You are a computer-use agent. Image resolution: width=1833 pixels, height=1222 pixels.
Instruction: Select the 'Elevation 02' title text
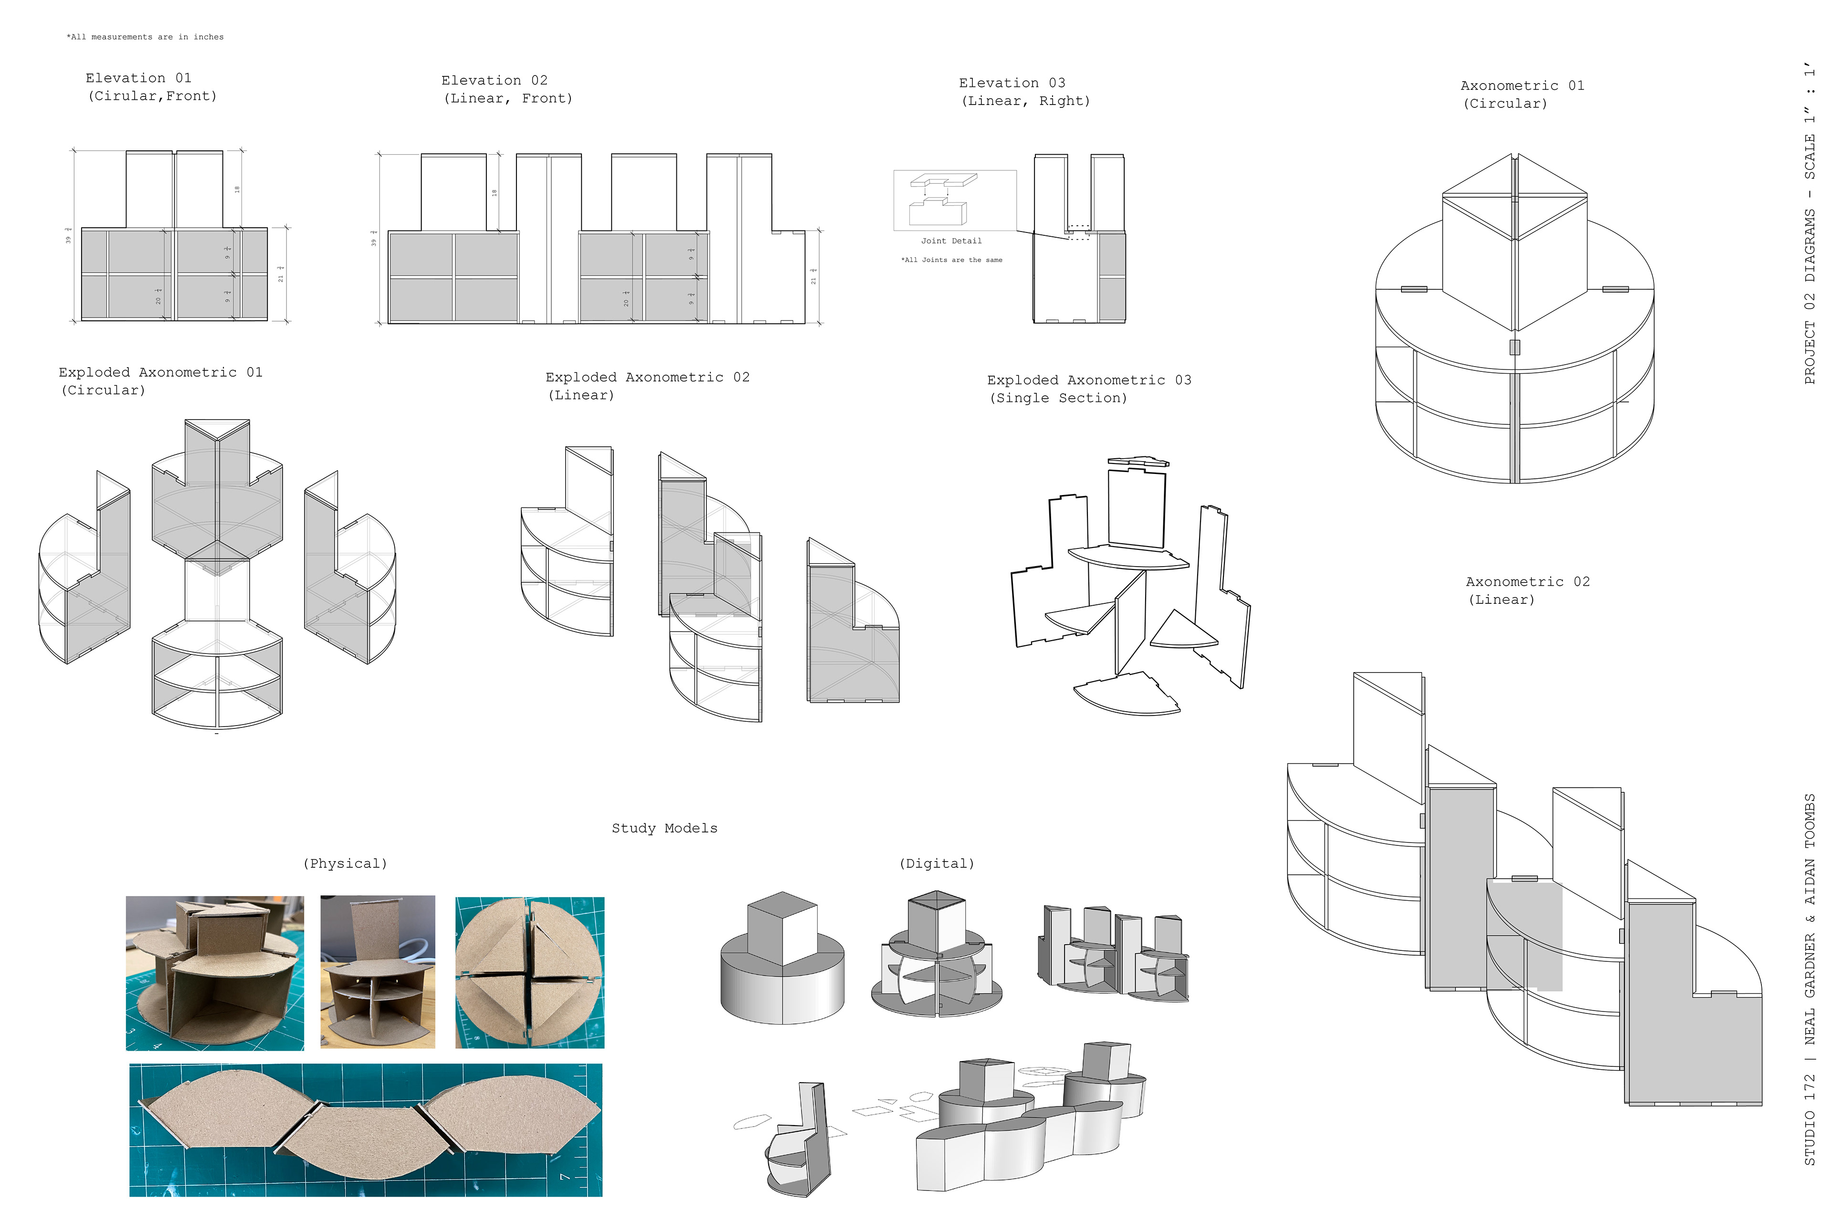pos(494,80)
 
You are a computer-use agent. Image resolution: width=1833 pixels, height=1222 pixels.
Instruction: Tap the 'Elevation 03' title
pos(1011,83)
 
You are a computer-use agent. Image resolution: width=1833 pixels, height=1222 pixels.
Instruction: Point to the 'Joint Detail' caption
pos(951,241)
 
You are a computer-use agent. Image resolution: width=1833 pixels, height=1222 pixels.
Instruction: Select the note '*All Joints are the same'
pos(951,260)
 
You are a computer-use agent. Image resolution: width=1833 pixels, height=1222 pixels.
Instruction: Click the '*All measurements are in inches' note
pos(146,37)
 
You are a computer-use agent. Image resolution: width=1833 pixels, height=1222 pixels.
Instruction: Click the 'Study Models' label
pos(664,829)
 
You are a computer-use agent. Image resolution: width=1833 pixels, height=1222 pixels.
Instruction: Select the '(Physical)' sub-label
pos(345,864)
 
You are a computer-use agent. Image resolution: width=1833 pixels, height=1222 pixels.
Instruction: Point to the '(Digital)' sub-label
pos(936,864)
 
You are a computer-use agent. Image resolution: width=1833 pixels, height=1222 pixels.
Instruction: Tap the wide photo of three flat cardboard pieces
pos(366,1129)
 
